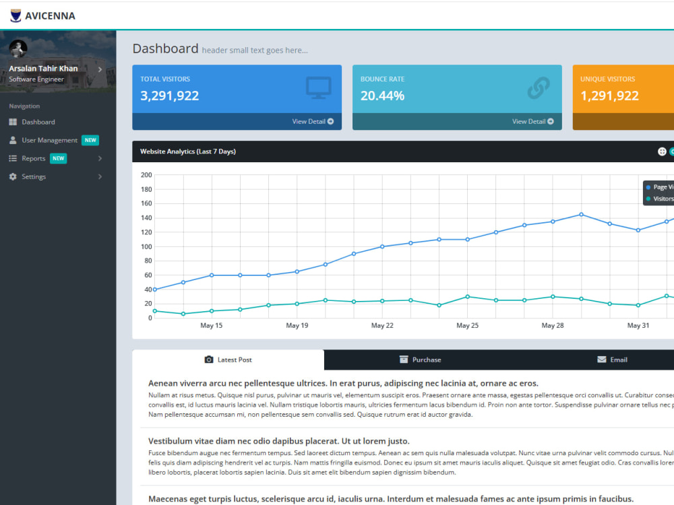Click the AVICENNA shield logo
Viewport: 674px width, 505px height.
point(16,15)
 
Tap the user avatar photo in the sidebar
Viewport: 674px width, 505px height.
point(18,48)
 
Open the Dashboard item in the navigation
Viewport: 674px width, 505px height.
point(38,122)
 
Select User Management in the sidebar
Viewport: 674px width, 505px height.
point(49,140)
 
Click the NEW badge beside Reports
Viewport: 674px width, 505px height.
point(59,158)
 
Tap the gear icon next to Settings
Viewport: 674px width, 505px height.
point(13,176)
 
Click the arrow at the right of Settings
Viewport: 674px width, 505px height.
point(100,176)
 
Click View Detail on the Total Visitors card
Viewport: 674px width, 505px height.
point(313,121)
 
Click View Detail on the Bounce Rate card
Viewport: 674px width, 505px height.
point(533,121)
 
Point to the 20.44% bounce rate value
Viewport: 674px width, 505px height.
point(382,96)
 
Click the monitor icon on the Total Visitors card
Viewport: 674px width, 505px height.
point(319,88)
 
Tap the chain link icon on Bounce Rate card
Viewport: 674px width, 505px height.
point(539,88)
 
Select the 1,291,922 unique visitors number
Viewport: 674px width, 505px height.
point(609,96)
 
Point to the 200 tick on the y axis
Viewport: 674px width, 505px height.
point(146,175)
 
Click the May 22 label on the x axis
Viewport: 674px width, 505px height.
point(382,325)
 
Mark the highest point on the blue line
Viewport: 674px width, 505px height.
point(581,214)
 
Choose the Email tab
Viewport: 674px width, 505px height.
point(612,360)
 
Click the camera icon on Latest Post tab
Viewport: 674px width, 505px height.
point(209,360)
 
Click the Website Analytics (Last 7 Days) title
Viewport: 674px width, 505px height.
point(188,151)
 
